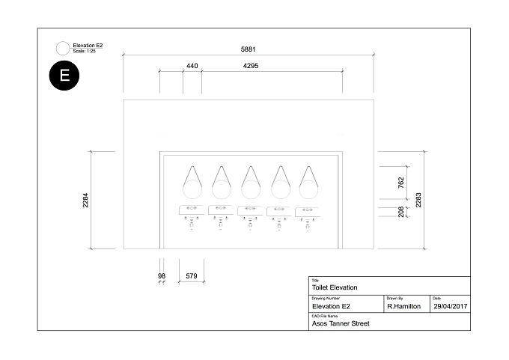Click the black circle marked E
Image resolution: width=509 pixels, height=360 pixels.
coord(64,76)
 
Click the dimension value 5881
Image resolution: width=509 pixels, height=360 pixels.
coord(248,49)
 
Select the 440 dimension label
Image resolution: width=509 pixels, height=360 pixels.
coord(192,66)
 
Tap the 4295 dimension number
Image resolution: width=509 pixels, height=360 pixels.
coord(251,66)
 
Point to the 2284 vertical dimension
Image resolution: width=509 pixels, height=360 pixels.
coord(85,201)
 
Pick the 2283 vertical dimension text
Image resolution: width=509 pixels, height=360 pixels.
coord(418,200)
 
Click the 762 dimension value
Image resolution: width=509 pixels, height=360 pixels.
coord(401,183)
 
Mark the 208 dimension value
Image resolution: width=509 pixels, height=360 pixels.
coord(401,212)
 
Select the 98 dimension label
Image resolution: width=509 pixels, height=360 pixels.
coord(162,276)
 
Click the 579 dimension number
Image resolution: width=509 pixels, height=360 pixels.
coord(192,276)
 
